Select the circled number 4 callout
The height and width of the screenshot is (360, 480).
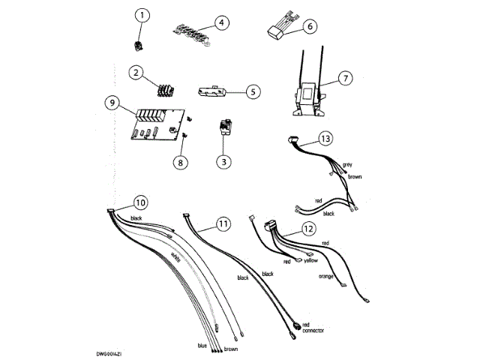point(220,22)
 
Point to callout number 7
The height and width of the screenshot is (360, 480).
point(344,78)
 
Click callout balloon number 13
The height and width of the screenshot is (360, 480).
point(324,139)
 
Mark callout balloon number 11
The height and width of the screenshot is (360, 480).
point(221,223)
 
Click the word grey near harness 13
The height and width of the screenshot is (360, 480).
point(347,164)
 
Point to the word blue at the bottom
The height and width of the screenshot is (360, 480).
point(202,346)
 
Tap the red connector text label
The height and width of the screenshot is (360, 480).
point(310,327)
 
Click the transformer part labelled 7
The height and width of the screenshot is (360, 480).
point(307,97)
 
